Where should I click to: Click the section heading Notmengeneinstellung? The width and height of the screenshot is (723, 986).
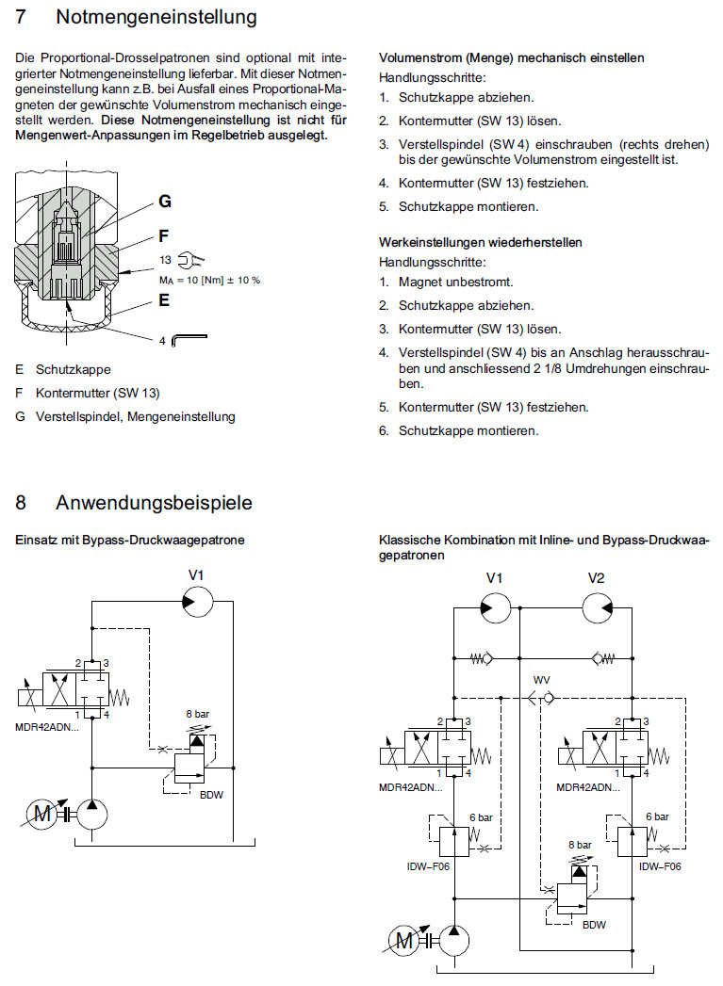pos(156,17)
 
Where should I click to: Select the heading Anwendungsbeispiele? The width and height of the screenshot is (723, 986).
pos(154,503)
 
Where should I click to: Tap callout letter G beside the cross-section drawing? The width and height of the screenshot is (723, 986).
pos(164,202)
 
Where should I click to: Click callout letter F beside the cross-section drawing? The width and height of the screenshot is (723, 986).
pos(164,236)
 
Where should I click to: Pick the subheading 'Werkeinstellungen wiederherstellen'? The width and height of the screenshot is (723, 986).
pos(480,242)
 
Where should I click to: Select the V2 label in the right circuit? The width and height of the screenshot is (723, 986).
pos(596,577)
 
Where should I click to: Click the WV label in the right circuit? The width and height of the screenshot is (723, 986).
pos(541,679)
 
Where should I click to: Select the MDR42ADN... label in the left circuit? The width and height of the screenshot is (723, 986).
pos(47,726)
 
